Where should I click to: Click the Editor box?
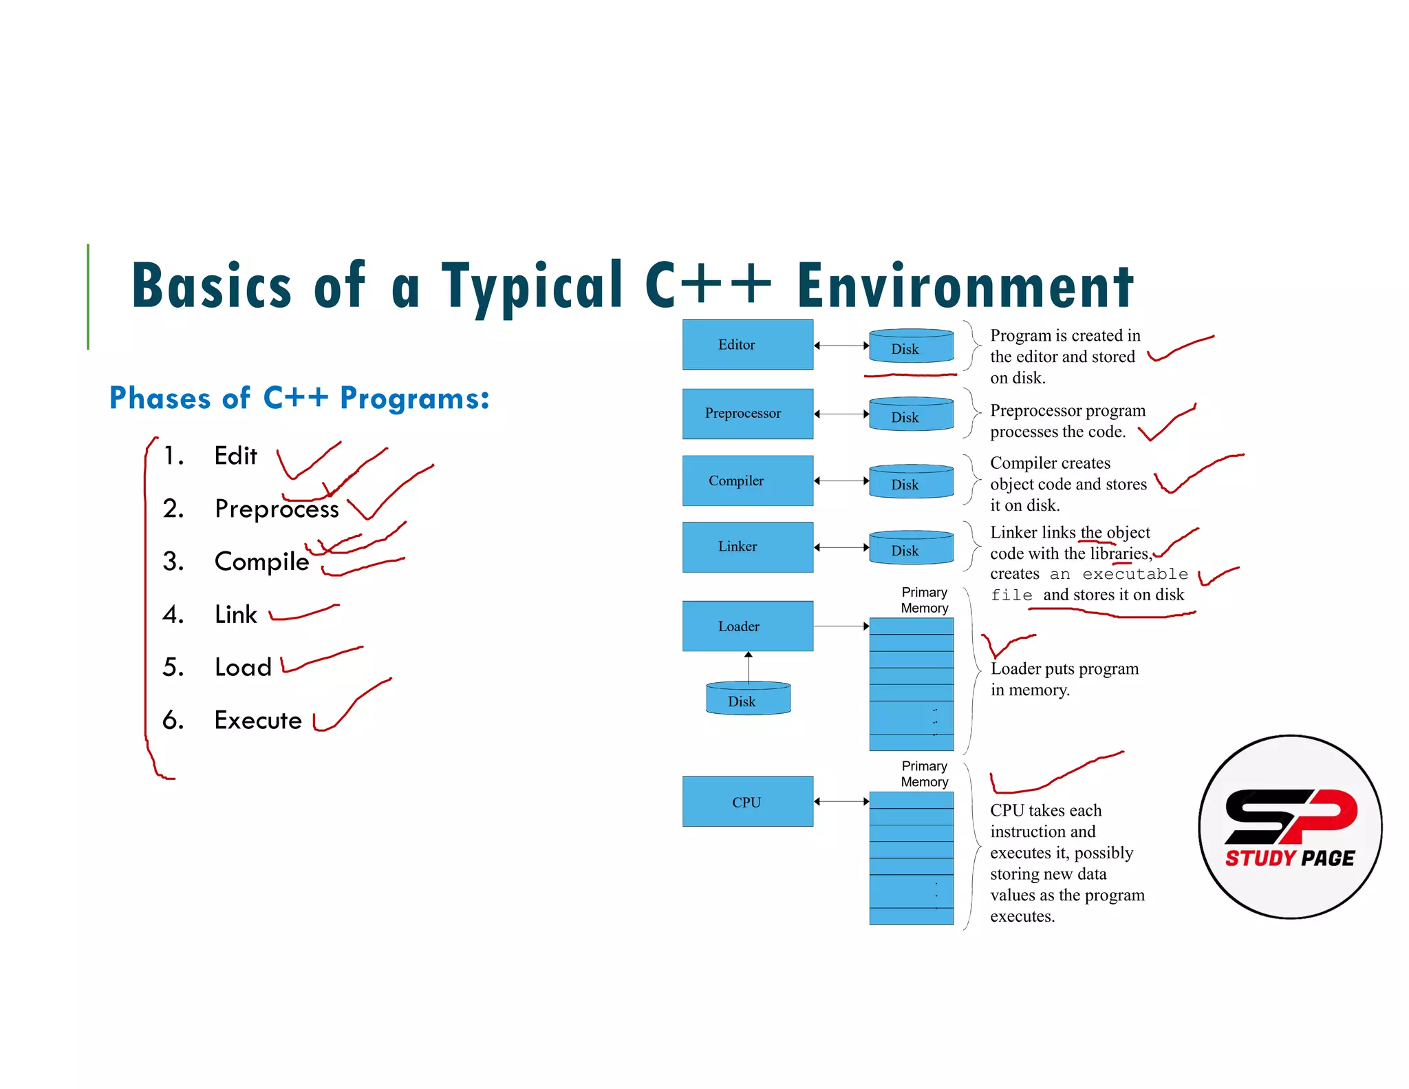point(747,344)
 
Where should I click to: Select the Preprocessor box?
point(747,413)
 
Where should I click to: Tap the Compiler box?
point(747,480)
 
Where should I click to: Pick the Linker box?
point(747,547)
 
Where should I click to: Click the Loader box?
point(747,626)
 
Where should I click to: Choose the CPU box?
point(747,801)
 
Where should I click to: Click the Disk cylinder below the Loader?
point(748,699)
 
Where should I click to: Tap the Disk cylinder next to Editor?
point(911,346)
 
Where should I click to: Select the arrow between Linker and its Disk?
point(841,547)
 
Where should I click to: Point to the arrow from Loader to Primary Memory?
point(841,626)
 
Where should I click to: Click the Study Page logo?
point(1290,826)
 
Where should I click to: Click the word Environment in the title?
point(965,286)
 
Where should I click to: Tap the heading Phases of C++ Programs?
point(299,398)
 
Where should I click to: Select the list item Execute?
point(258,720)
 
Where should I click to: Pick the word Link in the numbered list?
point(235,614)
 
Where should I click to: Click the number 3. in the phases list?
point(173,562)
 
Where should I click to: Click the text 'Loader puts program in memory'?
point(1064,679)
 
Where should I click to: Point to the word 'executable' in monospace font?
point(1135,574)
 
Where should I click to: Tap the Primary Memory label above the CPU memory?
point(924,774)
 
